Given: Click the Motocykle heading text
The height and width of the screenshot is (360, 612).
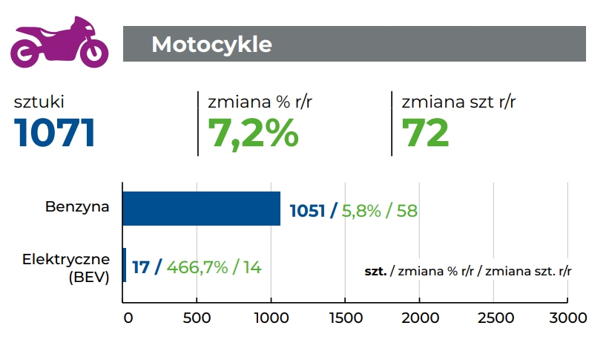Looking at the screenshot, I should (x=211, y=45).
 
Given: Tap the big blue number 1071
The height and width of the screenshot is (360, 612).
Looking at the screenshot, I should (x=55, y=133).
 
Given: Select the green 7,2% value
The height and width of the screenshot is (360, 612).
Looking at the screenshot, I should (x=253, y=133).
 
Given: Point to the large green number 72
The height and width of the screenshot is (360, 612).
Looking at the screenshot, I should (x=425, y=133).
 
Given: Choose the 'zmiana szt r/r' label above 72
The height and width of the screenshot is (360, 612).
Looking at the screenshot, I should (x=458, y=102).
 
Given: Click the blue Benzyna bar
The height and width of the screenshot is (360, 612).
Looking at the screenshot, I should (x=201, y=209).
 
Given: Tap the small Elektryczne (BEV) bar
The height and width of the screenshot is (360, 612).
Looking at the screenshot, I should (x=124, y=265).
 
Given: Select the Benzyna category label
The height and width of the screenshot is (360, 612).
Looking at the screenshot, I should (x=79, y=207).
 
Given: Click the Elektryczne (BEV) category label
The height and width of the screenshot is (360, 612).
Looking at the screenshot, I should (x=66, y=267).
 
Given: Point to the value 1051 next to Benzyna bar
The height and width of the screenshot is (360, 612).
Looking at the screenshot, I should (x=307, y=211).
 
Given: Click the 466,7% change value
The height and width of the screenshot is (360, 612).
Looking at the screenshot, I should (x=197, y=267).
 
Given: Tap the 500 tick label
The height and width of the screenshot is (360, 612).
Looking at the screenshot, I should (x=197, y=318).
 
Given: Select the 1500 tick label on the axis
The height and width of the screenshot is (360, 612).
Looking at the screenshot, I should (x=345, y=318).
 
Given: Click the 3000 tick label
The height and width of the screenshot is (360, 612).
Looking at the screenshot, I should (x=567, y=318).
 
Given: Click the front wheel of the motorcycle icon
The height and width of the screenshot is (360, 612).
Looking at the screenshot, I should (x=93, y=52).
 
